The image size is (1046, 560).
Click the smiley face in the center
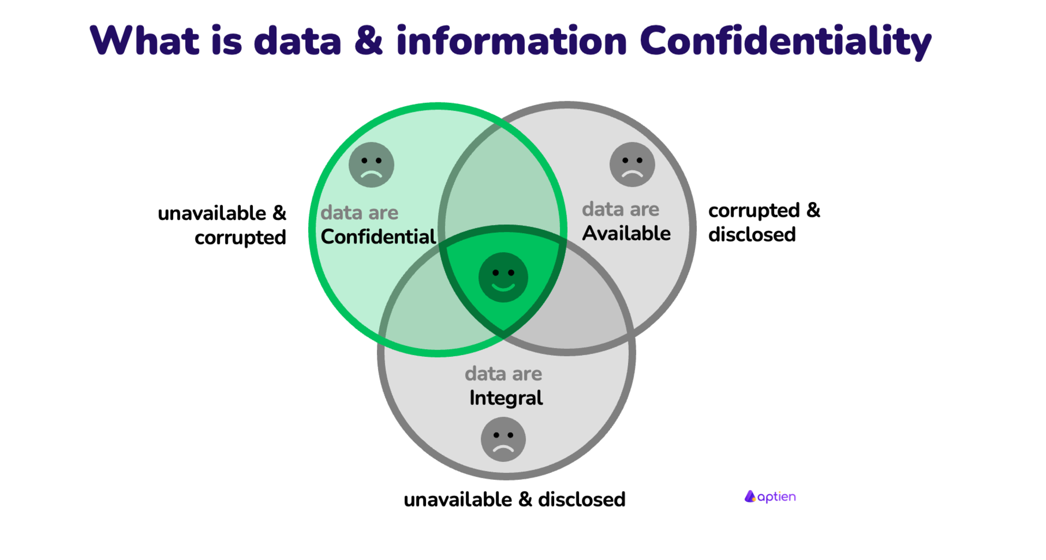(503, 277)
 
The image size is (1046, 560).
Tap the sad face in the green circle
(371, 165)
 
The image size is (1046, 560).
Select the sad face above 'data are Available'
(632, 165)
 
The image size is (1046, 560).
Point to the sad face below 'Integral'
(503, 439)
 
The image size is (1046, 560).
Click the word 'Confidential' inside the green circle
(378, 237)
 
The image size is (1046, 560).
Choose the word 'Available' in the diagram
(627, 234)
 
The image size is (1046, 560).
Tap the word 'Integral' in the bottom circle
(506, 398)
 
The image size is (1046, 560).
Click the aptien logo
(770, 497)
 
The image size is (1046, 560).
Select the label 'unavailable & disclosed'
(514, 500)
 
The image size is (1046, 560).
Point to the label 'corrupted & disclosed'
(764, 222)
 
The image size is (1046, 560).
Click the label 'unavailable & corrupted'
(222, 225)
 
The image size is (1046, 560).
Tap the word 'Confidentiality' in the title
(785, 41)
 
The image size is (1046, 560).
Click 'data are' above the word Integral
(503, 374)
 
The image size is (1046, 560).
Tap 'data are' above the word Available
(620, 209)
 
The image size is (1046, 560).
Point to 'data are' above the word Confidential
(359, 212)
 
